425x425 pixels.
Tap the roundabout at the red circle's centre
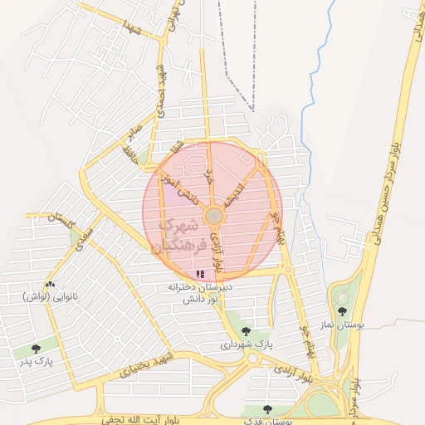coord(213,216)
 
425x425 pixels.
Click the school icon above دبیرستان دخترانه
coord(199,274)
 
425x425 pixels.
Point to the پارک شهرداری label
coord(246,344)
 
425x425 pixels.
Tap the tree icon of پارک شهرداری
coord(245,330)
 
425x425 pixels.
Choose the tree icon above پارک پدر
coord(35,349)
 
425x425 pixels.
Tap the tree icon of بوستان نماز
coord(342,311)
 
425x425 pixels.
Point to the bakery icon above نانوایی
coord(50,284)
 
